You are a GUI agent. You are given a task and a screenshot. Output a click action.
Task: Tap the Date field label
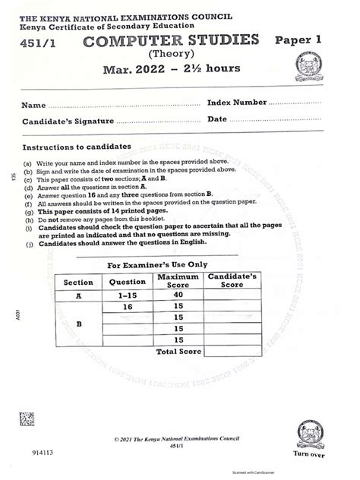[x=217, y=119]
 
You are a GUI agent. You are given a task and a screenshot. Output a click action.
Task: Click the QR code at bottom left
[x=27, y=418]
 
